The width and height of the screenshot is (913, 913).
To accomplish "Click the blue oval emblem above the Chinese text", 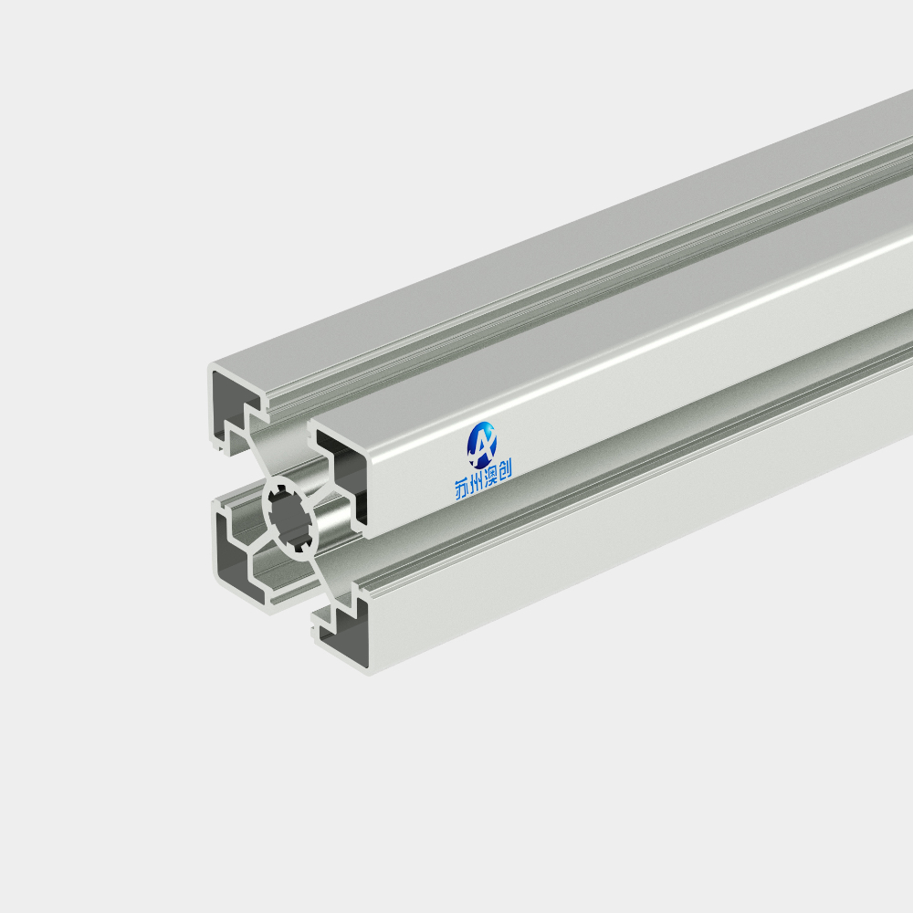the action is (482, 445).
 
